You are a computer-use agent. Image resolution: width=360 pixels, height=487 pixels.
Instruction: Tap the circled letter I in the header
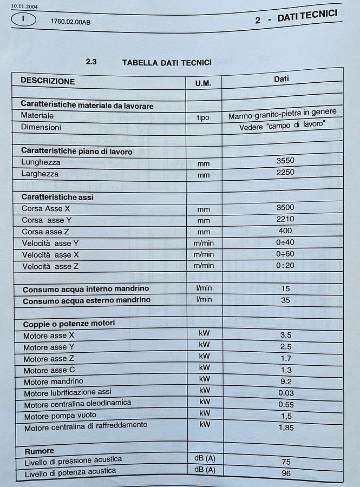[23, 19]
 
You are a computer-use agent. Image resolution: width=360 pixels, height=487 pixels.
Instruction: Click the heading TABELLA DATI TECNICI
[167, 62]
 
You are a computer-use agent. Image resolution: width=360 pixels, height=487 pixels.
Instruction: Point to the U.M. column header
[203, 82]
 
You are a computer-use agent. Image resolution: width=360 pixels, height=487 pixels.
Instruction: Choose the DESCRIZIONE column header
[48, 81]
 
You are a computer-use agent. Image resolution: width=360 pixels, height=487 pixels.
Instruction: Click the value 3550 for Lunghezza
[285, 160]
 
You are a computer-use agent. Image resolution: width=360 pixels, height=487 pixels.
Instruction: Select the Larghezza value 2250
[285, 172]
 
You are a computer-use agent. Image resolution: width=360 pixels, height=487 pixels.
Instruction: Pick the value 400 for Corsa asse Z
[285, 231]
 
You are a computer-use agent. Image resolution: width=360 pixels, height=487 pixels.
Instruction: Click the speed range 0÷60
[285, 253]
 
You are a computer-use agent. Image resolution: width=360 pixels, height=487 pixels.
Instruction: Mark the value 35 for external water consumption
[285, 299]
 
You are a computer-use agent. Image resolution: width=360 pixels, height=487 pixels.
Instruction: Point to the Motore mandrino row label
[54, 381]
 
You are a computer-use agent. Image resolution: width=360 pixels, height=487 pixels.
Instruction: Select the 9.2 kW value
[286, 381]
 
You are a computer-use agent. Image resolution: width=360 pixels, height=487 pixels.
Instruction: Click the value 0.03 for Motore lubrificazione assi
[286, 392]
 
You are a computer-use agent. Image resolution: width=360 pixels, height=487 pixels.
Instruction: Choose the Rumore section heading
[40, 451]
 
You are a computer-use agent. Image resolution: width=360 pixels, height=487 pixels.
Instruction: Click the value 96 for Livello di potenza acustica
[286, 473]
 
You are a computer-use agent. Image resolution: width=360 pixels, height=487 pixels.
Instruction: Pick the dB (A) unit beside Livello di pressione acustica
[205, 458]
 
